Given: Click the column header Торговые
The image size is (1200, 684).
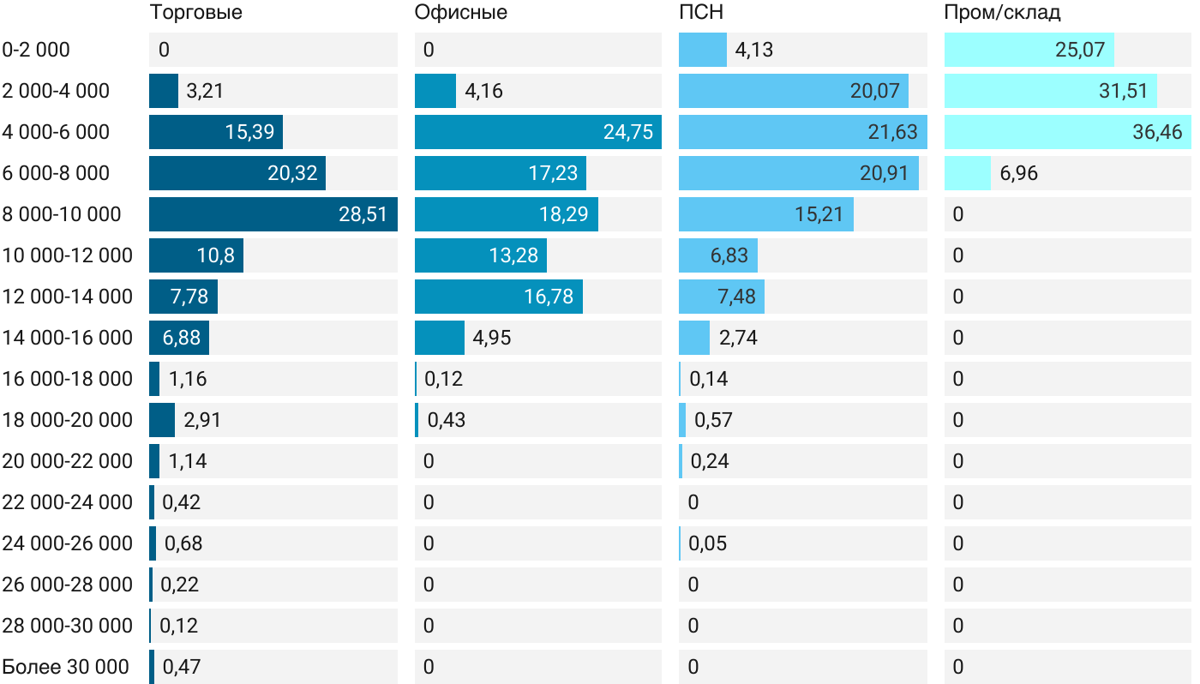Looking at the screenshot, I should (195, 12).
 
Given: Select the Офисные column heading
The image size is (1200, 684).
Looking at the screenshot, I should (460, 12).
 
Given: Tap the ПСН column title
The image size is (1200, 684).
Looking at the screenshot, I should (700, 12).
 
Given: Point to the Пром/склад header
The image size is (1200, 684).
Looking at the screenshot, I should (1002, 12).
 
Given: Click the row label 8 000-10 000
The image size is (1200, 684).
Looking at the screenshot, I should (62, 214).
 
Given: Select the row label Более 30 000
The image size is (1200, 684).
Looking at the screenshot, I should (66, 667).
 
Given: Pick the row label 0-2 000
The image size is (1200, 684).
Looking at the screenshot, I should (36, 50).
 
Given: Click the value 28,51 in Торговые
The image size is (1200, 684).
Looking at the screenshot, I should (363, 214).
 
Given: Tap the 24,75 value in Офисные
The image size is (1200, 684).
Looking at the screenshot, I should (627, 132).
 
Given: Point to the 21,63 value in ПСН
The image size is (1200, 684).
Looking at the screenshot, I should (892, 132).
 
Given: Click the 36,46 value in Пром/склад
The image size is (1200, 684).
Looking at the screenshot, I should (1157, 132).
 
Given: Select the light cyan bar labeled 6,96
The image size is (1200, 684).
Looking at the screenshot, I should (967, 173).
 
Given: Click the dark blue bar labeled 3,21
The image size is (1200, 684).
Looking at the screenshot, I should (163, 91).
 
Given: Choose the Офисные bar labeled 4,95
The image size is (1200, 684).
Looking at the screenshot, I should (439, 338).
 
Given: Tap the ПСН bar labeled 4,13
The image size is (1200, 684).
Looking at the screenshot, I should (702, 50).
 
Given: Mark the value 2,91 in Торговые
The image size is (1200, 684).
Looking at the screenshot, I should (202, 420).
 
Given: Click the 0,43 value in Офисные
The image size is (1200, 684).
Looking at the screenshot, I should (446, 420).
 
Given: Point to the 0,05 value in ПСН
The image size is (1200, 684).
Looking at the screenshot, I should (708, 543).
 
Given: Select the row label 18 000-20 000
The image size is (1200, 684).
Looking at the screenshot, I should (68, 420).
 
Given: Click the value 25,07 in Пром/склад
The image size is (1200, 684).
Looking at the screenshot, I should (1080, 50).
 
